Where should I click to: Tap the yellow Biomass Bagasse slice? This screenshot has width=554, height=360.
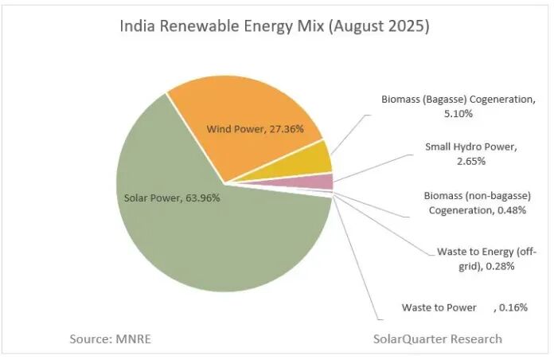coord(317,158)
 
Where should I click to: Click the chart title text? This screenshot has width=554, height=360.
coord(275,26)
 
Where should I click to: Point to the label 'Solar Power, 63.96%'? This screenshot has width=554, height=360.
coord(172,198)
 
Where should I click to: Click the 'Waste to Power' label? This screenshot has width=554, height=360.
coord(439,307)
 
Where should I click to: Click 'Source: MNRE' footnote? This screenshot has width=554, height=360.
coord(110,338)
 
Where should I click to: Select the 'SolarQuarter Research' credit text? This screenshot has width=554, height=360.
coord(438,338)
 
